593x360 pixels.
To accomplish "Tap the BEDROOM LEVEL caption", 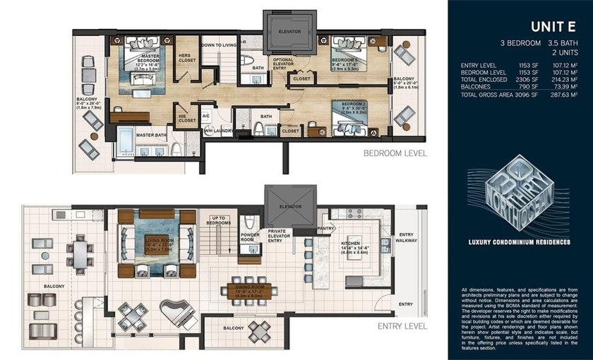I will tap(395, 152).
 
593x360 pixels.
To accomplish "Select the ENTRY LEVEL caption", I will tap(402, 326).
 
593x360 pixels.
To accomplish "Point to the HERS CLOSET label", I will tap(186, 57).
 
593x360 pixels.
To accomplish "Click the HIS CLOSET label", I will tap(187, 119).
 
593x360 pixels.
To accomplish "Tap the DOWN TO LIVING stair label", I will tap(218, 44).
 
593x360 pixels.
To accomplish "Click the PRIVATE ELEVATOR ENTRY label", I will tap(277, 237).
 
